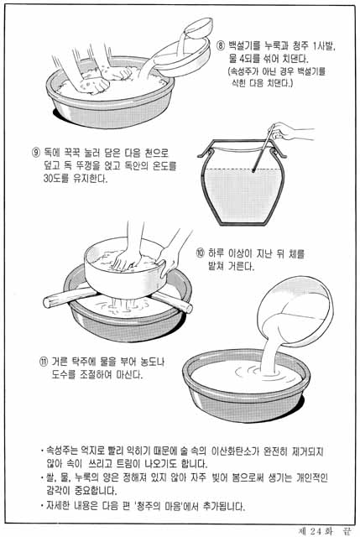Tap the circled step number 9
(x=36, y=153)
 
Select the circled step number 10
(x=200, y=253)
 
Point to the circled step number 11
(x=44, y=362)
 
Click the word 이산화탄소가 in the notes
(x=233, y=451)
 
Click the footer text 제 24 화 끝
(x=325, y=531)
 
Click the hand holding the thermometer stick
(x=287, y=131)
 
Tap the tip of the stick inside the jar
(x=253, y=170)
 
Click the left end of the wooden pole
(x=46, y=303)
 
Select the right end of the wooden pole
(x=189, y=308)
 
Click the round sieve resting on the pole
(x=126, y=268)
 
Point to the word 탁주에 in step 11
(x=84, y=362)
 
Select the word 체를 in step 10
(x=297, y=253)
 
